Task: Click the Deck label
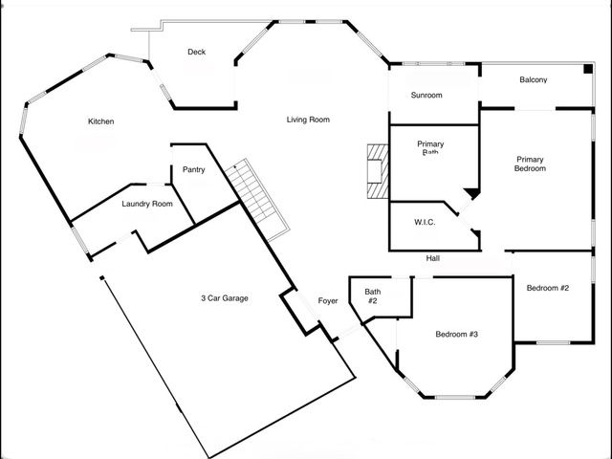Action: [x=197, y=53]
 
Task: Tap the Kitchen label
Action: [x=101, y=121]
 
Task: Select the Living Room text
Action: [x=308, y=120]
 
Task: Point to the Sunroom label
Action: [x=426, y=96]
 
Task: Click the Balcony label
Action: [x=533, y=80]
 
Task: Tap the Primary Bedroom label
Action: [x=531, y=164]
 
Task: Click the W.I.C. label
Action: [x=425, y=223]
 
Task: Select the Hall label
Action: [x=432, y=258]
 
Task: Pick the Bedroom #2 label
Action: [x=548, y=288]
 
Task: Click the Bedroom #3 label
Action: [x=456, y=334]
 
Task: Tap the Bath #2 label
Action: [x=372, y=296]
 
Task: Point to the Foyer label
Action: [x=328, y=301]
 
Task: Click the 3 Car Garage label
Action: [x=225, y=298]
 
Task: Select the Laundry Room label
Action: [x=147, y=204]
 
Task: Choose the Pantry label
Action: [x=194, y=170]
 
